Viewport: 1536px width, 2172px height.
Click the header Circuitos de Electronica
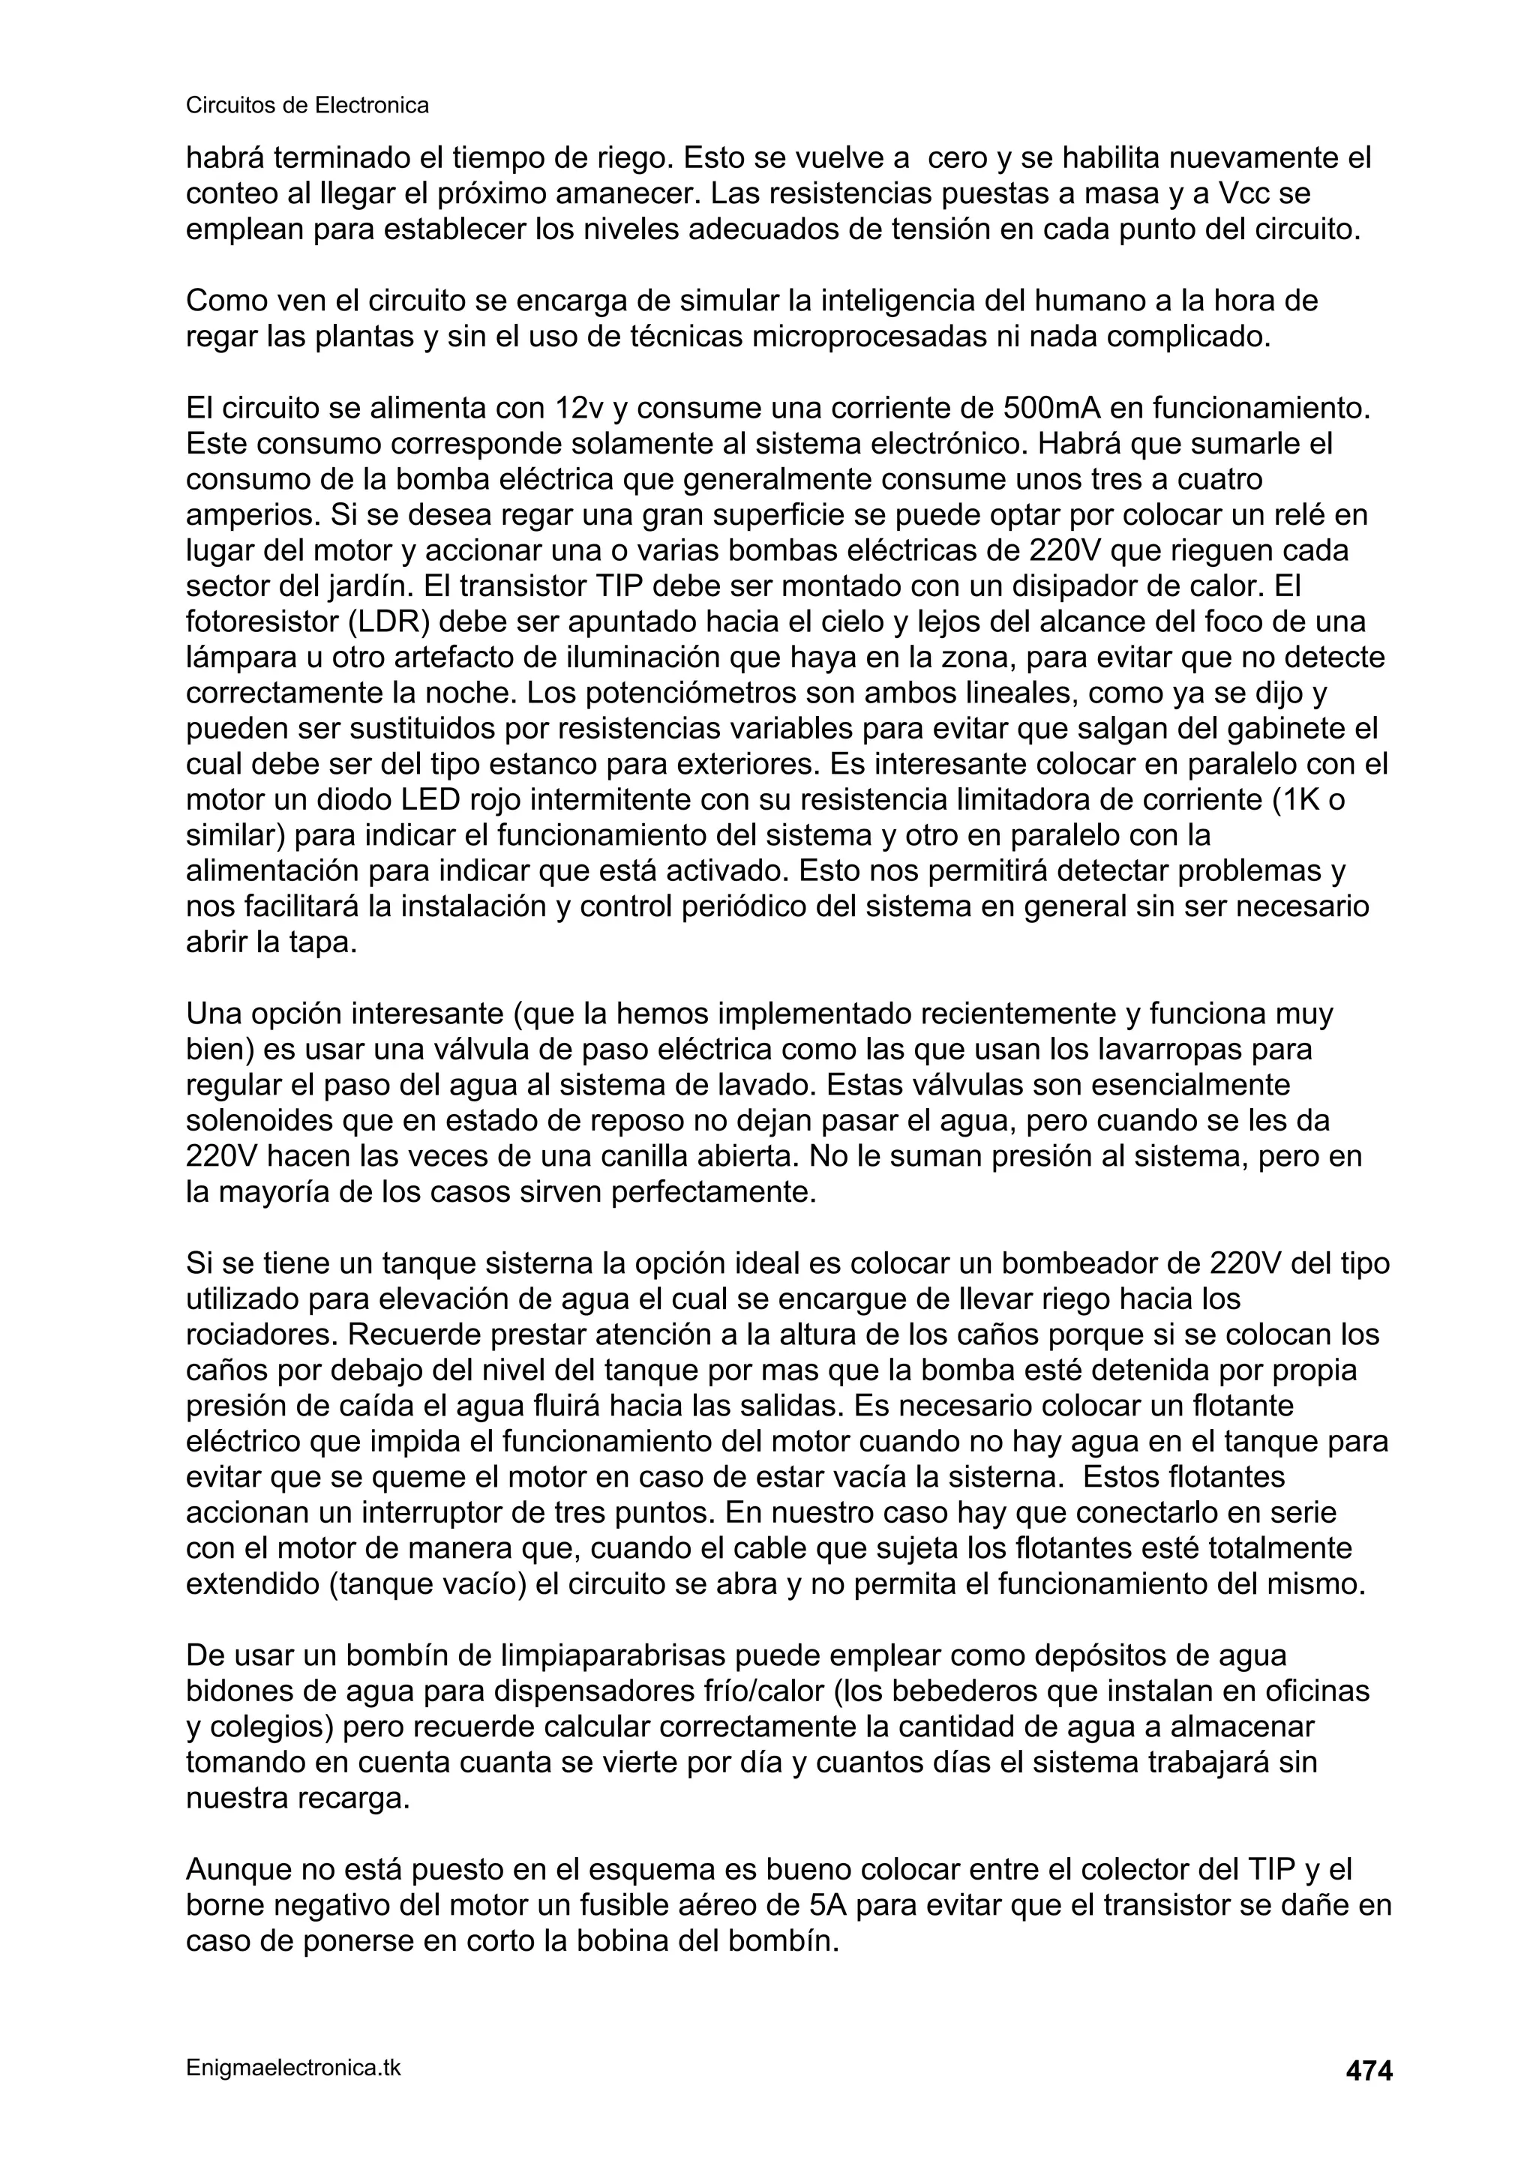click(307, 106)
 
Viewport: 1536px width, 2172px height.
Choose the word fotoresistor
click(252, 622)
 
